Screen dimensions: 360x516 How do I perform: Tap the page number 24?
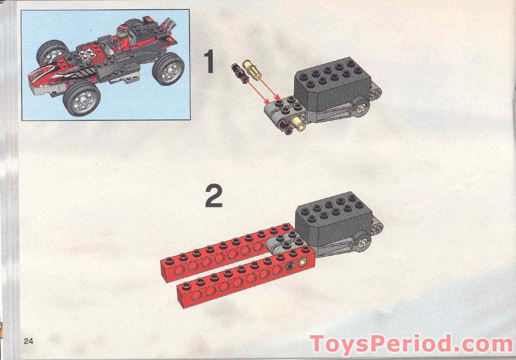[28, 342]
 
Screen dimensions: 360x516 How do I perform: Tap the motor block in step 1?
[328, 82]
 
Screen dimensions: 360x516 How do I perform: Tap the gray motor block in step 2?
[331, 218]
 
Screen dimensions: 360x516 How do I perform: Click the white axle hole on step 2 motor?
[364, 243]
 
